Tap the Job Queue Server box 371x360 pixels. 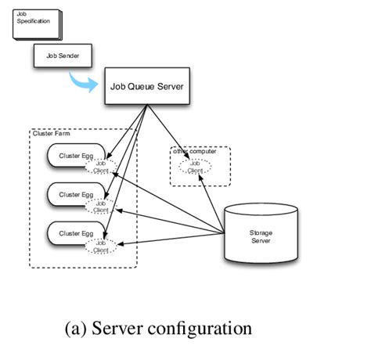[x=148, y=86]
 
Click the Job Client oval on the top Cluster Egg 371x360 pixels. [x=101, y=167]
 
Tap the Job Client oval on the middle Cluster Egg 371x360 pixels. [x=101, y=206]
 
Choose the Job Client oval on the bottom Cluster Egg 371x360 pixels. [x=101, y=246]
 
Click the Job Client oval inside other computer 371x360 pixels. [x=195, y=166]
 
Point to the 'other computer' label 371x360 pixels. [x=194, y=151]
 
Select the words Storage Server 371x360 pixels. [x=261, y=237]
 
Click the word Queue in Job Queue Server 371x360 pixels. [x=147, y=86]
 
